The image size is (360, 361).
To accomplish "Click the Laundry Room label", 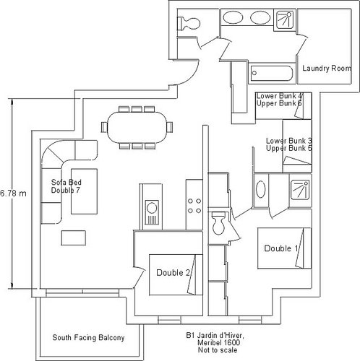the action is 327,69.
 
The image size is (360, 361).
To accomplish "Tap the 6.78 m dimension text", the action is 13,193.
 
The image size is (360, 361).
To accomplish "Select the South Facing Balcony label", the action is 88,338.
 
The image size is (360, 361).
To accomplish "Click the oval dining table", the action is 137,127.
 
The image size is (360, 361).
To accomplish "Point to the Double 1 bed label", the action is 281,248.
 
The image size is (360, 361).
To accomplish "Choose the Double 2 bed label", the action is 173,273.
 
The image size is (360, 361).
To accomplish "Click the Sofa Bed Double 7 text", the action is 66,186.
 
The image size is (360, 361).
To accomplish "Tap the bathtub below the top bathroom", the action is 272,73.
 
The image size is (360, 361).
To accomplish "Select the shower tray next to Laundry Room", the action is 285,20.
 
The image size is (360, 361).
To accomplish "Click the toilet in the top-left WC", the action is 189,24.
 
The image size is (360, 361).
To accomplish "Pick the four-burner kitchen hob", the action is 194,206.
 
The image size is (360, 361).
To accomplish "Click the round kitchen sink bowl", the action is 152,208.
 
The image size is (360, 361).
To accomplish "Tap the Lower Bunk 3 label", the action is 289,141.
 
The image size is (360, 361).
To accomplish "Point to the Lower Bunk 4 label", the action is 279,96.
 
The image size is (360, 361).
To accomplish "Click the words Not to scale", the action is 218,350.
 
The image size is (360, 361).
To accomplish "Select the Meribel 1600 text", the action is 218,342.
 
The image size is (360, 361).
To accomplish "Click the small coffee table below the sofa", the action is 74,238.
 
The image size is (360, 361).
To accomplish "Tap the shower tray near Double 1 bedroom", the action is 300,190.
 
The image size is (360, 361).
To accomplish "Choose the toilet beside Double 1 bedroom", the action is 218,223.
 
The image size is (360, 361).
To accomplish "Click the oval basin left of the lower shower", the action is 260,189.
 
